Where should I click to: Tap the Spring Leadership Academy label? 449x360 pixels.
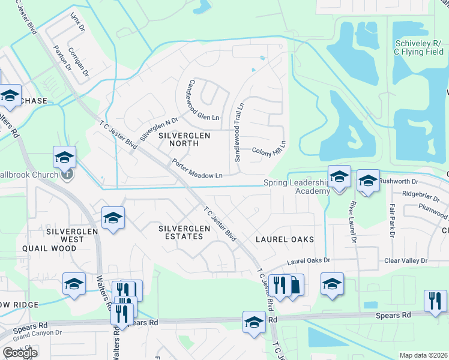tap(297, 187)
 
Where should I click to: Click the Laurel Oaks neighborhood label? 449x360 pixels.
tap(285, 239)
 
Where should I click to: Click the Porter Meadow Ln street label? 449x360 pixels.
tap(197, 169)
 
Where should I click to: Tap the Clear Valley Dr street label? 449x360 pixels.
tap(405, 261)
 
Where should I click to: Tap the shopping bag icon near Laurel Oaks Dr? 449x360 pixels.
tap(294, 284)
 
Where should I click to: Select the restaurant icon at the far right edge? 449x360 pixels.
tap(435, 301)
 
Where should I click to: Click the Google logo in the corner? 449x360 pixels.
tap(19, 352)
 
